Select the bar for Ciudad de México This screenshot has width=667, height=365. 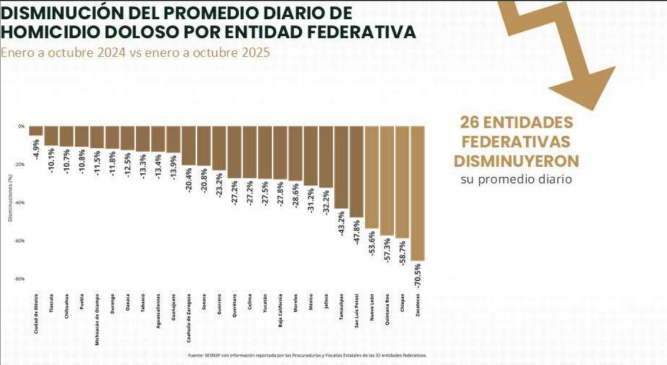point(36,131)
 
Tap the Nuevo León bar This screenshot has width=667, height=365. point(372,177)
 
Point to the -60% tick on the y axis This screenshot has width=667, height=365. point(21,241)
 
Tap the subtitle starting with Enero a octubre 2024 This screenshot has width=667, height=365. point(136,52)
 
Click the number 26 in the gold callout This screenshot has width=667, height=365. point(470,122)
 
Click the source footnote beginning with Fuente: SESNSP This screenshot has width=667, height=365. point(306,356)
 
